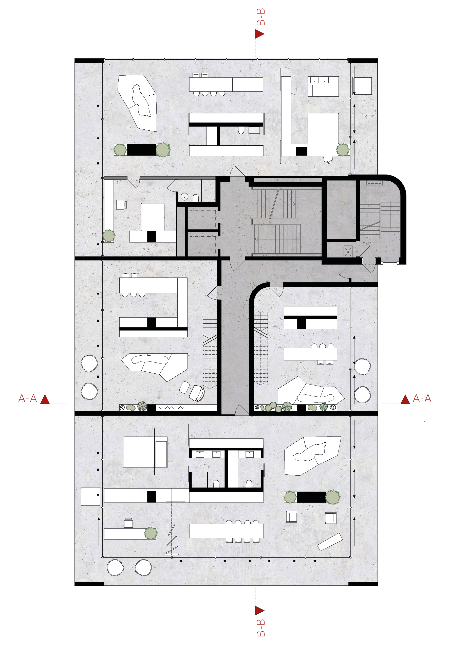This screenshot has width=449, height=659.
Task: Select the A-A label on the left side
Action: point(27,398)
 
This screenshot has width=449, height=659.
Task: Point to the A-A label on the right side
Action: point(422,398)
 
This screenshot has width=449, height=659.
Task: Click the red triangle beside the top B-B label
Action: point(259,34)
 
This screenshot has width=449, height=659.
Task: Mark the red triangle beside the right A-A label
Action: point(405,400)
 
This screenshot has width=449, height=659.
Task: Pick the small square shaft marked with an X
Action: point(348,251)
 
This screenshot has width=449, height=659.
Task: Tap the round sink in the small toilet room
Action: point(184,196)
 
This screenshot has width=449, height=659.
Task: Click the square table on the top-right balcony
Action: point(362,86)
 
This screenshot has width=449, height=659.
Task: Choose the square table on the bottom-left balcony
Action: point(90,496)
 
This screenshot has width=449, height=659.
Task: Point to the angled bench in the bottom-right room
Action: point(329,542)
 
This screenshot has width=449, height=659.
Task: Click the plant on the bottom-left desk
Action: point(151,533)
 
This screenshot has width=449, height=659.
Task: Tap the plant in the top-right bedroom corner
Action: point(343,150)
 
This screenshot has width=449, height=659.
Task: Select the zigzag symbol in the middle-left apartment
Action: point(171,407)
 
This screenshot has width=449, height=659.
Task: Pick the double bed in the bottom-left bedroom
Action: point(139,452)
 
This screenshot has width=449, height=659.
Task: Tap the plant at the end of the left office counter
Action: point(109,236)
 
